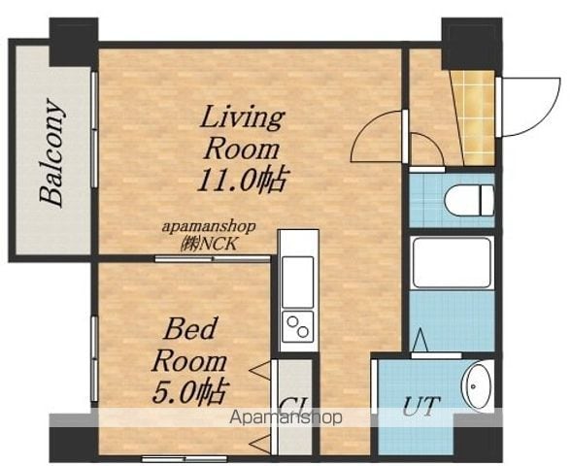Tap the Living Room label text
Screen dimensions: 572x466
242,133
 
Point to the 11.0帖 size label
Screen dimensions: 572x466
241,181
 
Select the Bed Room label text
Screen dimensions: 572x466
189,345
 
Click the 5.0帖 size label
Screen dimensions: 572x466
190,392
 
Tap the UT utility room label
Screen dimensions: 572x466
420,406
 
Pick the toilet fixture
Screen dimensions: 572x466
469,201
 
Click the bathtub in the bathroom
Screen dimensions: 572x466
452,263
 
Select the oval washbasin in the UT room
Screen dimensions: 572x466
478,386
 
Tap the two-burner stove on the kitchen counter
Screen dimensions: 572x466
298,327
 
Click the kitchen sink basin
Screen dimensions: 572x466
298,283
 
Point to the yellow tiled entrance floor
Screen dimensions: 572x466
474,117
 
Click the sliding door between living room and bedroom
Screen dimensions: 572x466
213,259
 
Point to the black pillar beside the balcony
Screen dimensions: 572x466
74,42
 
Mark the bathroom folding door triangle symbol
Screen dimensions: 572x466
421,340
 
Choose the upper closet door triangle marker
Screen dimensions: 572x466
260,371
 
